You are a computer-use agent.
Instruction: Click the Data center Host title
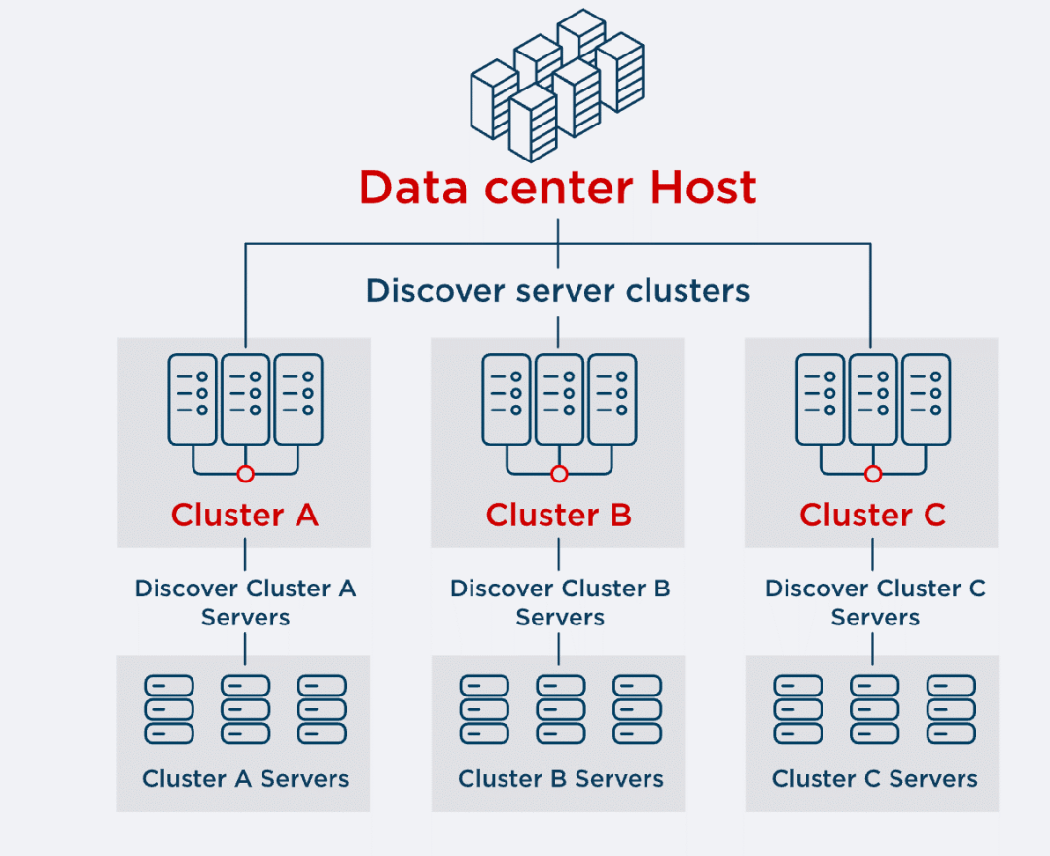[x=557, y=188]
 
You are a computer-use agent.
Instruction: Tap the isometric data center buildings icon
[x=557, y=85]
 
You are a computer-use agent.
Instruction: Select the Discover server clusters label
[x=557, y=290]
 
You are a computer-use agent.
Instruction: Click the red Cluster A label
[x=245, y=515]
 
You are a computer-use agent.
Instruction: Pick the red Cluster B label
[x=559, y=515]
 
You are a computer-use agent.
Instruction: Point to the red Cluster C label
[x=872, y=515]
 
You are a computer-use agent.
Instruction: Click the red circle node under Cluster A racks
[x=245, y=474]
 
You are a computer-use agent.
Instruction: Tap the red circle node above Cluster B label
[x=559, y=474]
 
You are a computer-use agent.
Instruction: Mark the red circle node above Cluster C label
[x=873, y=474]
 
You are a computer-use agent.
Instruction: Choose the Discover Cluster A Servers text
[x=245, y=603]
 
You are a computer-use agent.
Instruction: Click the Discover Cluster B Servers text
[x=560, y=603]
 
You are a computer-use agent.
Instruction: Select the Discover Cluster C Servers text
[x=875, y=603]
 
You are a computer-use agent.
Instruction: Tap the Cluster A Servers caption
[x=245, y=779]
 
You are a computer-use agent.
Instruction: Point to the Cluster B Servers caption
[x=561, y=779]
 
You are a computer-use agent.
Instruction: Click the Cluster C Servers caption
[x=875, y=779]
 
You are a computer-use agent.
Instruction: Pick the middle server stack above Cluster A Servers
[x=245, y=709]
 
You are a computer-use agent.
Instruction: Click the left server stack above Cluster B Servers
[x=484, y=709]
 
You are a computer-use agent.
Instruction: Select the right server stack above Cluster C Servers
[x=951, y=709]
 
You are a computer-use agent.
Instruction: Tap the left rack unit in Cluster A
[x=192, y=399]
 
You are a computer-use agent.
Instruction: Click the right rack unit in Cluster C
[x=926, y=399]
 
